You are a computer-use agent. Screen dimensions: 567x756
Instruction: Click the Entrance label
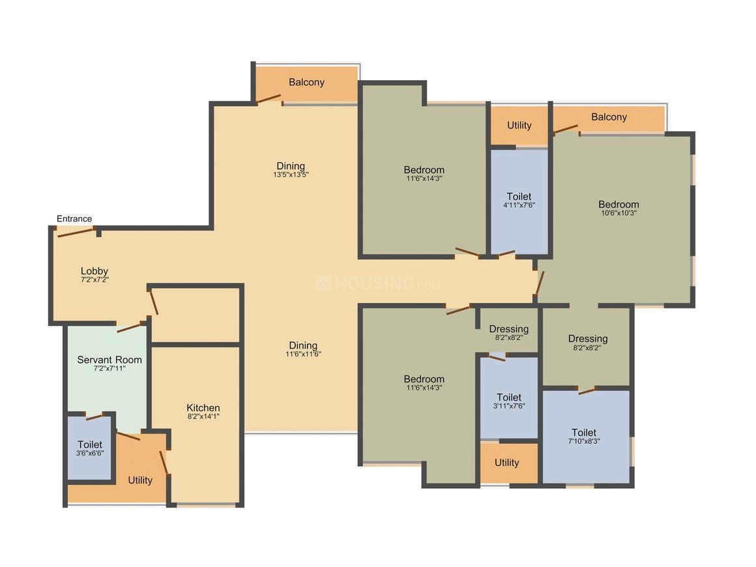[74, 219]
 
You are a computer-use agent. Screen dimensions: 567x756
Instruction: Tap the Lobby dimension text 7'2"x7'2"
[94, 280]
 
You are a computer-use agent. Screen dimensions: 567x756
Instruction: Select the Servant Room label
[109, 360]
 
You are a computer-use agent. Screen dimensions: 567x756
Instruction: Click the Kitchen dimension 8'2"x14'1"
[203, 416]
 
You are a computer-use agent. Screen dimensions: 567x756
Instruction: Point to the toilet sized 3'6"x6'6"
[90, 449]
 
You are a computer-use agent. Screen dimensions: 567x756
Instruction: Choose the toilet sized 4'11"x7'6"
[519, 201]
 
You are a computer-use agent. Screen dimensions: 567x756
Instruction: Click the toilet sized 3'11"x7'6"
[508, 401]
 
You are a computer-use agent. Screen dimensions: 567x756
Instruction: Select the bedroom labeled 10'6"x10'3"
[619, 208]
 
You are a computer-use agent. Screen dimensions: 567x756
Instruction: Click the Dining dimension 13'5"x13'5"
[291, 175]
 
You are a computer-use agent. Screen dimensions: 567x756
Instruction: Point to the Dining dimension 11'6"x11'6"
[303, 354]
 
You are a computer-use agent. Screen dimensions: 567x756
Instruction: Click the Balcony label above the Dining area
[306, 82]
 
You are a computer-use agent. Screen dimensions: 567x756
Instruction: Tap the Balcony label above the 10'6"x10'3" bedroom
[609, 117]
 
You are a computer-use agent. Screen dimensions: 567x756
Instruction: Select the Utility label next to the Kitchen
[140, 480]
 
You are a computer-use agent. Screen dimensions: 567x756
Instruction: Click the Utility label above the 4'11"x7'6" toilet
[519, 125]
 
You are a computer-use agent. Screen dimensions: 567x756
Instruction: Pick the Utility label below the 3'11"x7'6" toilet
[506, 463]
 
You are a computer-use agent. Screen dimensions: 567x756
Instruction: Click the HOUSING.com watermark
[378, 284]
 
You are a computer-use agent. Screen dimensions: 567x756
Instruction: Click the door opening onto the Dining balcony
[269, 99]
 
